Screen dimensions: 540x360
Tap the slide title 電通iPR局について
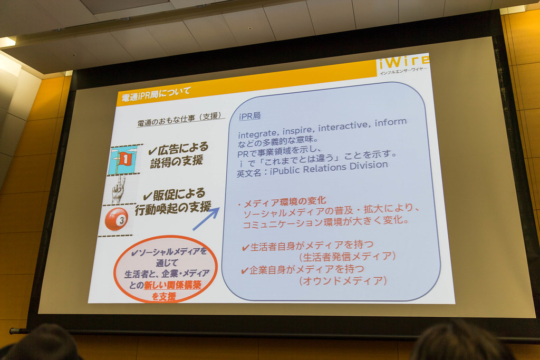point(156,94)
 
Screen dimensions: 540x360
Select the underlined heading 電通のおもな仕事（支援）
point(179,119)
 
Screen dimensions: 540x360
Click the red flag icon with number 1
point(124,160)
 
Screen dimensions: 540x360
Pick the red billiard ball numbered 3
point(117,219)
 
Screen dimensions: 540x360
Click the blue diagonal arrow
point(206,219)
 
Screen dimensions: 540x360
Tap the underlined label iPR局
point(249,116)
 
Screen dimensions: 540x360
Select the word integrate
point(257,133)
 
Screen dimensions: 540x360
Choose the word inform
point(391,122)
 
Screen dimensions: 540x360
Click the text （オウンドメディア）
point(343,281)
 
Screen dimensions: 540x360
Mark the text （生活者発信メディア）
point(347,256)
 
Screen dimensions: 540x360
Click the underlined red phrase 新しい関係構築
point(172,285)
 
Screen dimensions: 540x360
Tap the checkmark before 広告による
point(152,151)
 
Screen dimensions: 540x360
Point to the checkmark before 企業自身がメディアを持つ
point(245,271)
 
